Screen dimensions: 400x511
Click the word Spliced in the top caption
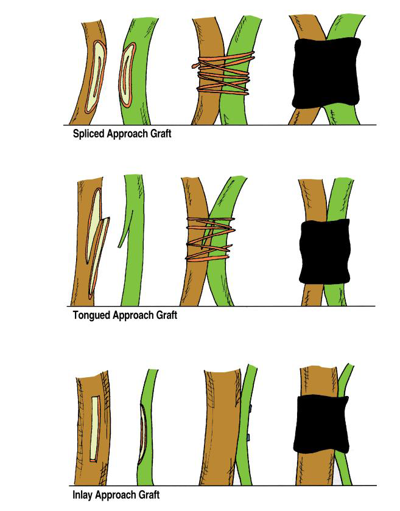pyautogui.click(x=89, y=134)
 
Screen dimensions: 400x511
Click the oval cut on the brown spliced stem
pyautogui.click(x=96, y=72)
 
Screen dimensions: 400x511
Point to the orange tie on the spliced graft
pyautogui.click(x=222, y=76)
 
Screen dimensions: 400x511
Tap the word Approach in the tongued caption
pyautogui.click(x=134, y=315)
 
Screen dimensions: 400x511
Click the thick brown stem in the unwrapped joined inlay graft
pyautogui.click(x=220, y=426)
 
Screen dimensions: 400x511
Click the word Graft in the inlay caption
pyautogui.click(x=151, y=495)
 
